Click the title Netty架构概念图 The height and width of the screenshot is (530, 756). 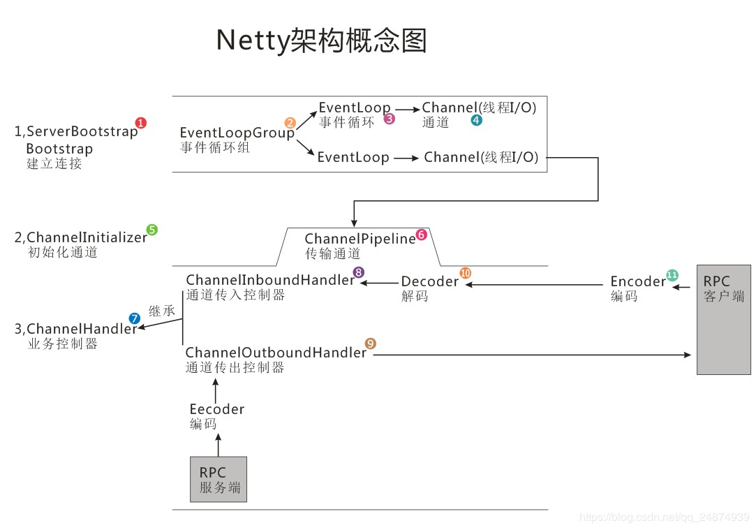click(321, 41)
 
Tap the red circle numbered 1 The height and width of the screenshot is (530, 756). click(141, 123)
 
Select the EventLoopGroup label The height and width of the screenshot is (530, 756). click(237, 133)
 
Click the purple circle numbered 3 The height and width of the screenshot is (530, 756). click(390, 119)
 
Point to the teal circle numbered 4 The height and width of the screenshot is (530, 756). click(476, 120)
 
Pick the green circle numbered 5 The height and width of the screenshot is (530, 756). click(151, 229)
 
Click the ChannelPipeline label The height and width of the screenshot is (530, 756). click(360, 240)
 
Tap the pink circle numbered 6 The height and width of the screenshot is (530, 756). click(421, 235)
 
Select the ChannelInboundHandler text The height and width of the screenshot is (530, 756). click(270, 280)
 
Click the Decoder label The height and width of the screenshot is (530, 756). click(429, 281)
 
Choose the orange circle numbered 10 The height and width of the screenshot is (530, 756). click(466, 273)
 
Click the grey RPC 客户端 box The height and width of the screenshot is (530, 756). click(724, 319)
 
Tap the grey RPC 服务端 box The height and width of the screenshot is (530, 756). click(218, 479)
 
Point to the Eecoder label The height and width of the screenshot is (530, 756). click(217, 409)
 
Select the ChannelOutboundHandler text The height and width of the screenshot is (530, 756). click(276, 353)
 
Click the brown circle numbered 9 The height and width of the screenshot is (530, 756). click(371, 344)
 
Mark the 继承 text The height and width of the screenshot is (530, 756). click(162, 311)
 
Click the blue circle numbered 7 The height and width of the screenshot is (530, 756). click(135, 318)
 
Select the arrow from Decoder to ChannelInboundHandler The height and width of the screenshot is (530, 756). click(378, 283)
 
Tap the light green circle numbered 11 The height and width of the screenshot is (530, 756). click(672, 274)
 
